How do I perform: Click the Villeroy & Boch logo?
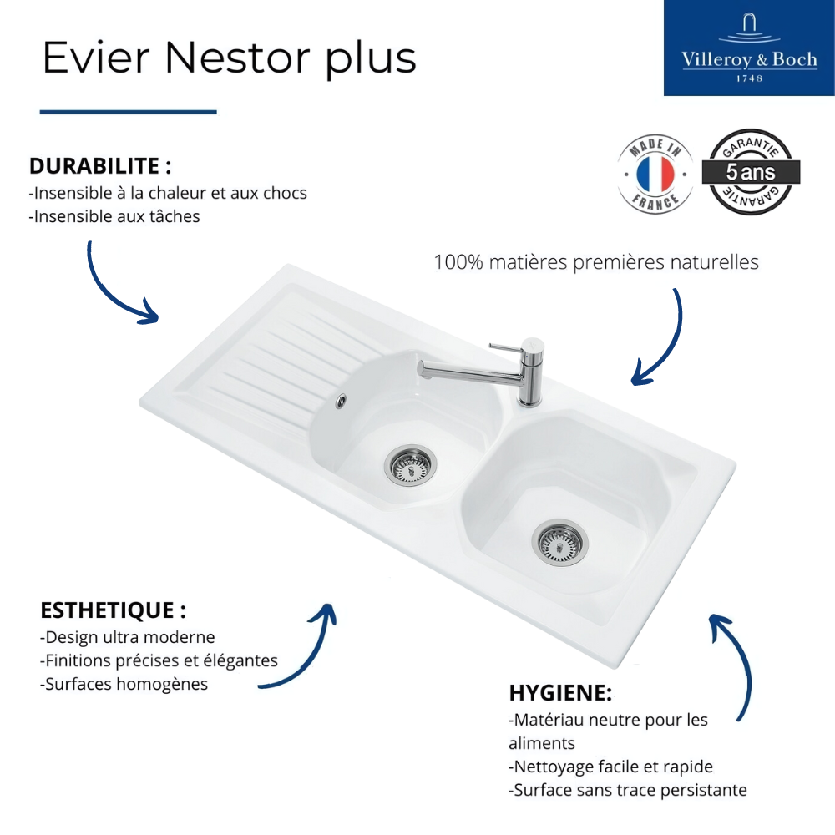tap(749, 48)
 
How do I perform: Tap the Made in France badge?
tap(655, 173)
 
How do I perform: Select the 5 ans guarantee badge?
tap(751, 172)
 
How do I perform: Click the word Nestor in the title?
tap(237, 58)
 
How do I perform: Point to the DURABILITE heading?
tap(100, 166)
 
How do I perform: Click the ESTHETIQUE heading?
tap(113, 610)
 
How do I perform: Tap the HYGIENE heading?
tap(560, 693)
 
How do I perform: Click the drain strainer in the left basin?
tap(410, 465)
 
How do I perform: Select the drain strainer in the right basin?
tap(559, 543)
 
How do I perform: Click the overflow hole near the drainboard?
tap(341, 401)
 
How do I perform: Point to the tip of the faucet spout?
tap(421, 370)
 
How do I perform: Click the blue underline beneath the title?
tap(129, 112)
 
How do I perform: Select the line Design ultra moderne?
tap(127, 637)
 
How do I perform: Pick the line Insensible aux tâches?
tap(114, 216)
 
